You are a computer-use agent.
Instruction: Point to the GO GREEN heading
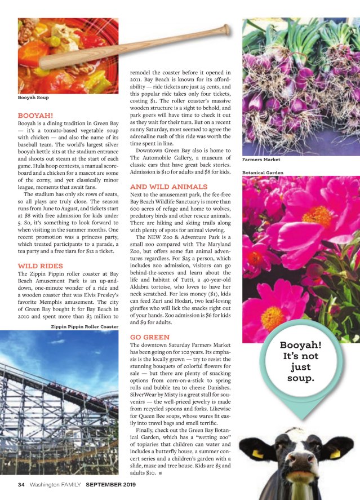tap(150, 337)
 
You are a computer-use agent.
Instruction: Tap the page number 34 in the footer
tap(21, 484)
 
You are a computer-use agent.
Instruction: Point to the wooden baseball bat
tap(135, 47)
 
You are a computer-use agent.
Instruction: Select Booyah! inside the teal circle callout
tap(301, 345)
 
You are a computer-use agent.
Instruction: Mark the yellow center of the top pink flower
tap(315, 216)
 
